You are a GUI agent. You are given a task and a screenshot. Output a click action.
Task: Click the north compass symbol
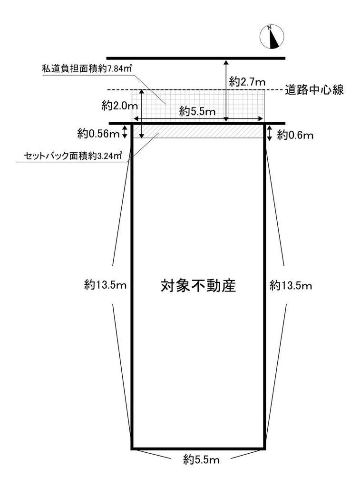click(272, 37)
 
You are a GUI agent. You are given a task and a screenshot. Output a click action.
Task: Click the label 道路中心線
click(314, 89)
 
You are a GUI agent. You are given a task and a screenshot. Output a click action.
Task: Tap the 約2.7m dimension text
click(247, 82)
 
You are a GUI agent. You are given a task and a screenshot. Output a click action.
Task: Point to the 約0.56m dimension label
click(98, 134)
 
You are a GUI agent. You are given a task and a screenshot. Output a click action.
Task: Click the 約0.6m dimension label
click(295, 135)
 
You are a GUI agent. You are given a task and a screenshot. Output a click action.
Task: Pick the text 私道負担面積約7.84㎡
click(87, 68)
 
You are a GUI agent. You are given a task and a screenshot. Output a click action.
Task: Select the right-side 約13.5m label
click(291, 285)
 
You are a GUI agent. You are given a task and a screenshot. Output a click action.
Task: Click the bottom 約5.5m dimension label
click(201, 459)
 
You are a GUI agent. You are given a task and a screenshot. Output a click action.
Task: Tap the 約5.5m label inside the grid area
click(197, 112)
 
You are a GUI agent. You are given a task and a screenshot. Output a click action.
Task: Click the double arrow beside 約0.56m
click(125, 132)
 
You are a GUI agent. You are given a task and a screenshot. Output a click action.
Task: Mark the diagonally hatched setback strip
click(200, 131)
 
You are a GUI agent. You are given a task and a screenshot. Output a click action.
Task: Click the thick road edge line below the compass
click(195, 58)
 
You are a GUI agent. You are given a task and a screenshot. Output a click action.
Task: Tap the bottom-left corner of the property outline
click(132, 448)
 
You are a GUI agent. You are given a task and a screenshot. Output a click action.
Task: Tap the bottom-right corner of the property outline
click(264, 448)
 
